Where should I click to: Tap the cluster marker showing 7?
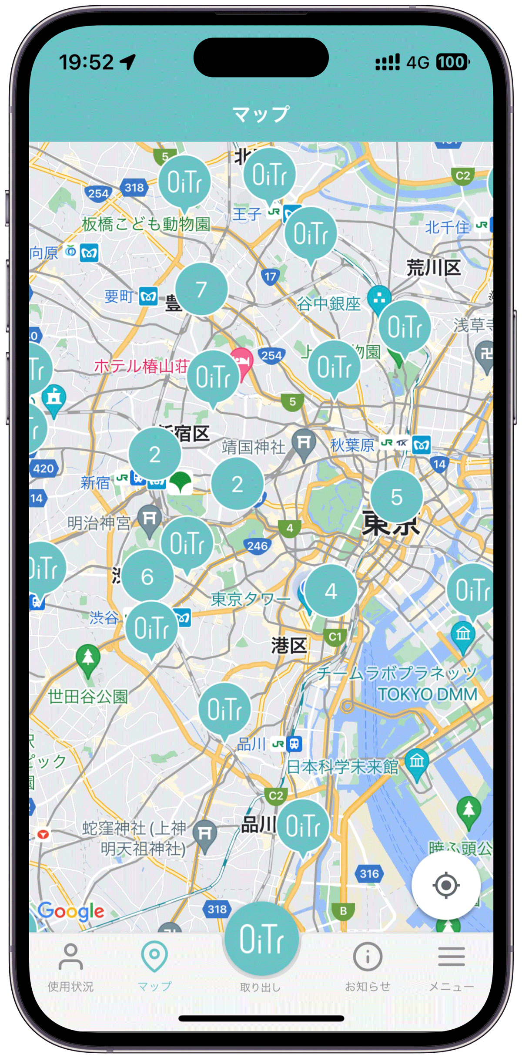[x=201, y=289]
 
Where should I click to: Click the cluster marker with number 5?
[x=396, y=496]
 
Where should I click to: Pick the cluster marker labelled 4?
[x=331, y=591]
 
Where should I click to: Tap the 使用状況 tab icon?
[x=70, y=957]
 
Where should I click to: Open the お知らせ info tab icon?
[x=368, y=957]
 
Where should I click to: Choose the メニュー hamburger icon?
[x=452, y=957]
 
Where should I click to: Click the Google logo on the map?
[x=71, y=911]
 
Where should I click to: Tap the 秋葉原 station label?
[x=352, y=445]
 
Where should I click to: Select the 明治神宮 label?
[x=99, y=523]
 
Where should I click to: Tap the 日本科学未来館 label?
[x=342, y=767]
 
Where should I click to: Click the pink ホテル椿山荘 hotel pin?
[x=242, y=361]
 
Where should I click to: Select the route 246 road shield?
[x=258, y=546]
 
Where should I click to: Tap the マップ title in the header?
[x=261, y=114]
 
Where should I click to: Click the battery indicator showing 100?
[x=452, y=62]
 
